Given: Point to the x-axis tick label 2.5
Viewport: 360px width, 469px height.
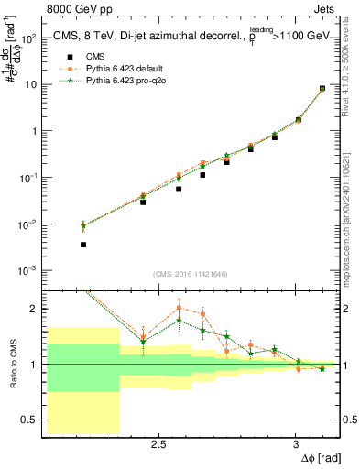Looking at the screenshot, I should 158,445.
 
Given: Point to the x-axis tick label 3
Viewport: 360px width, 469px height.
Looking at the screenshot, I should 295,445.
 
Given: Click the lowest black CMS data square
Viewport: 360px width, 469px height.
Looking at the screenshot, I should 83,245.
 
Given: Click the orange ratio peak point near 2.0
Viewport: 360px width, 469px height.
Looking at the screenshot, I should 179,308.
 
